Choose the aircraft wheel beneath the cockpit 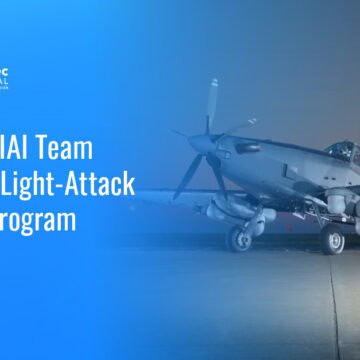(x=333, y=240)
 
